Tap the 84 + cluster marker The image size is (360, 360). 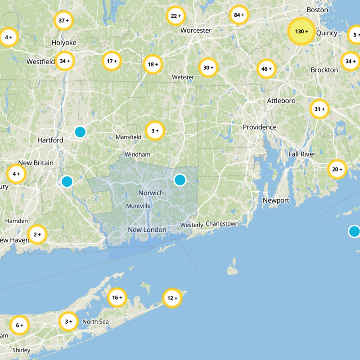coord(238,15)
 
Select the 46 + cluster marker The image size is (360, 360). coord(266,69)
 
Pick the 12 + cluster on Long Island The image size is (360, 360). coord(172,298)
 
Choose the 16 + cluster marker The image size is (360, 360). coord(117,297)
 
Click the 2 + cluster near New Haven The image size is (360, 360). coord(37,234)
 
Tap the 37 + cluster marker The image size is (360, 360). coord(63,20)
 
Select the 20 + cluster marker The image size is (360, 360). coord(337,170)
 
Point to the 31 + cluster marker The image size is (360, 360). coord(319,109)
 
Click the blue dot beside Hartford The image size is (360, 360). coord(80,132)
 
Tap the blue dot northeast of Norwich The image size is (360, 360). coord(180,180)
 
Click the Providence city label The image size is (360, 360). coord(260,127)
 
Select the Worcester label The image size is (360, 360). coord(196,31)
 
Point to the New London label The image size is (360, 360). coord(147,230)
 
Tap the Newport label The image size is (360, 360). coord(276,200)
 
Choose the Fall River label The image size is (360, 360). coord(302,154)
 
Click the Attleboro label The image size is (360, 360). coord(281,101)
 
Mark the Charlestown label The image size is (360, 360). coord(222,224)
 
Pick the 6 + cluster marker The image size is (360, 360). coord(19,325)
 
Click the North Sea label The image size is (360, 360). coord(95,322)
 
